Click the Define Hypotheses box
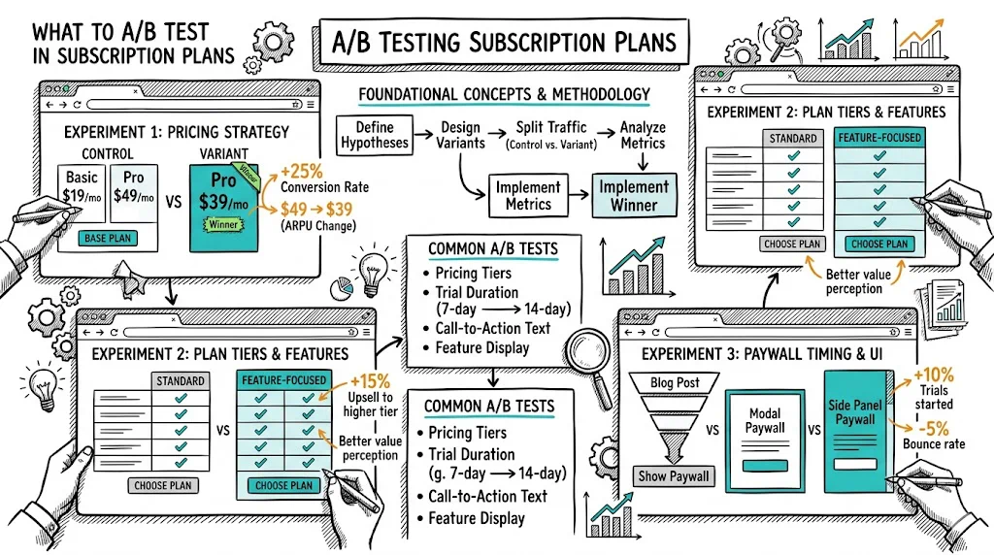(x=374, y=135)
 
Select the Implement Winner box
(x=634, y=195)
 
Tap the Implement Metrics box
(x=528, y=195)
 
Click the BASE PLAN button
(x=108, y=239)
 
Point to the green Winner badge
(x=223, y=224)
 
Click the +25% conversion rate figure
(x=302, y=171)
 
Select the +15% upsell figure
(x=370, y=380)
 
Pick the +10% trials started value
(x=933, y=375)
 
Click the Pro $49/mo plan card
(x=134, y=193)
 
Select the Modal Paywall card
(x=765, y=441)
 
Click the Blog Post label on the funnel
(x=675, y=382)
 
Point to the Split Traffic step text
(x=551, y=135)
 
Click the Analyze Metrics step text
(x=643, y=135)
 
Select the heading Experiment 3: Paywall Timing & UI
(x=762, y=353)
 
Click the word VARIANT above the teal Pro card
(x=224, y=154)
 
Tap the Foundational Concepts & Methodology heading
(x=504, y=94)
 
